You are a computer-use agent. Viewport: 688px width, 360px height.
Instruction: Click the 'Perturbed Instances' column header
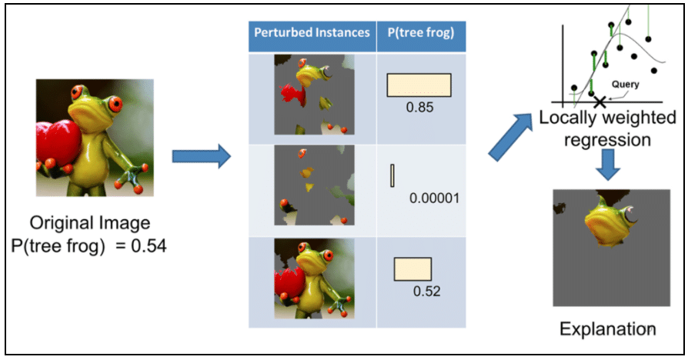[x=312, y=33]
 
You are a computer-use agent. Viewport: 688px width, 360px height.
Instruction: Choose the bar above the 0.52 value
[x=412, y=268]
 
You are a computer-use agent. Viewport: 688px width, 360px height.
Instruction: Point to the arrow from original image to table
[x=201, y=158]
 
